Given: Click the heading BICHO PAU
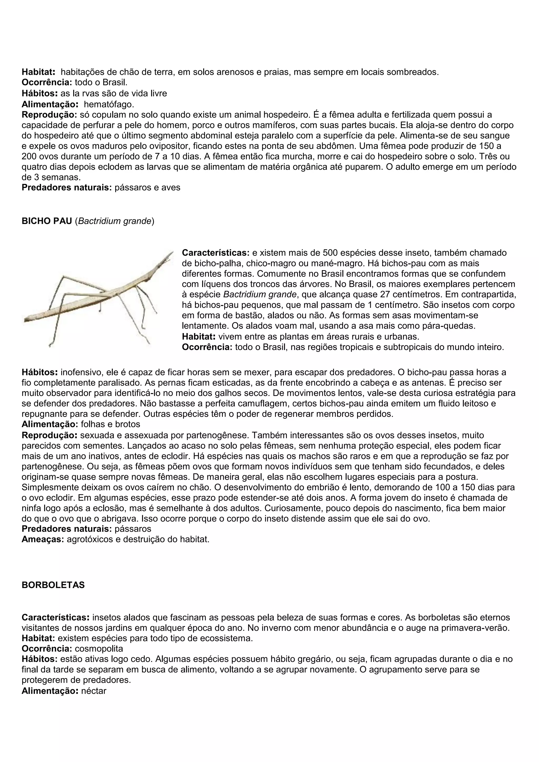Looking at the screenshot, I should tap(47, 221).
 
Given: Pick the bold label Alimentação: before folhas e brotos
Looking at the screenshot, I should tap(50, 424).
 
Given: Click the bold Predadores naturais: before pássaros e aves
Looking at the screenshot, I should tap(66, 188).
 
